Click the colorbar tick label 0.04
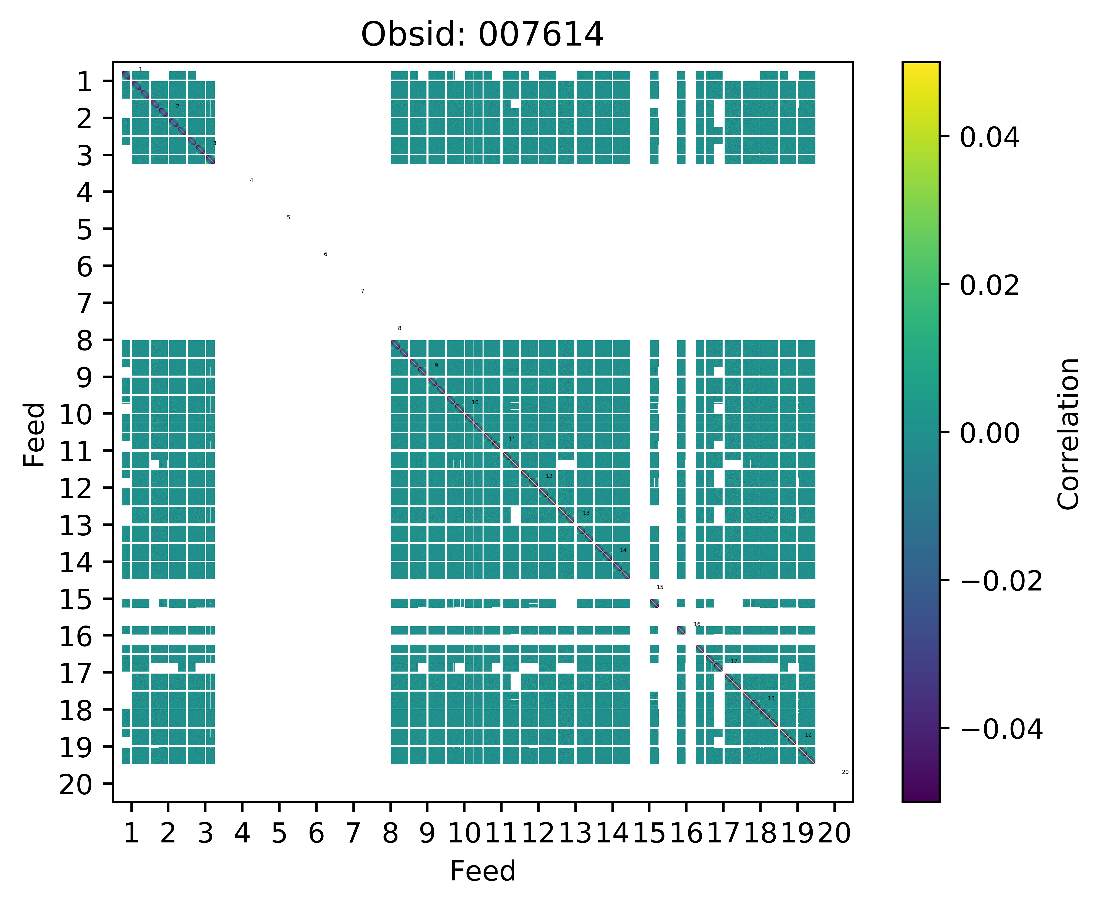pos(989,138)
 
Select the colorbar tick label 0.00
pos(989,433)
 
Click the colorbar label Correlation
pos(1068,433)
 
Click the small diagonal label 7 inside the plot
pos(362,291)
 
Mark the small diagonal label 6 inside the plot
pos(325,254)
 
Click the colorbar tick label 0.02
pos(989,285)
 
